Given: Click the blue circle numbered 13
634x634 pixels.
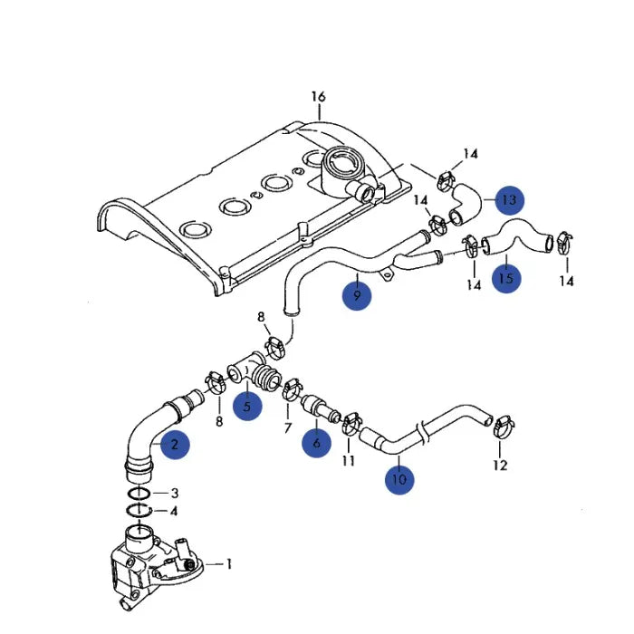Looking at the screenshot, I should [509, 199].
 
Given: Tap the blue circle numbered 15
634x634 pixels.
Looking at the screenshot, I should [505, 278].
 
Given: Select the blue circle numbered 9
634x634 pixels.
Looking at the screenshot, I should [357, 295].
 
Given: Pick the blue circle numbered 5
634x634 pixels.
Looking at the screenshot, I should [246, 407].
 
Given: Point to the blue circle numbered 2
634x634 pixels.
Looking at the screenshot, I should [175, 444].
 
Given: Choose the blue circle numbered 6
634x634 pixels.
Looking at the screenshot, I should [316, 444].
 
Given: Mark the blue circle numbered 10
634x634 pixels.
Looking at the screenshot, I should [399, 478].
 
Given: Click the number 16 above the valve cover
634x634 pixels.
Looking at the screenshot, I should [318, 97].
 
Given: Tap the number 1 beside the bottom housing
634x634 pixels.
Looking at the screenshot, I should [229, 564].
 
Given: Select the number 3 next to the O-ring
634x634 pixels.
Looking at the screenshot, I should [175, 493].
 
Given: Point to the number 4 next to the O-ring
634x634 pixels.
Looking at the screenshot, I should [175, 511].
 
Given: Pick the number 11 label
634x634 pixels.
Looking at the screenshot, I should [349, 462].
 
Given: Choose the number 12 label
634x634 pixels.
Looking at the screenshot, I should [501, 466].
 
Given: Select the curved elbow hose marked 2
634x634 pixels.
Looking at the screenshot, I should [144, 435].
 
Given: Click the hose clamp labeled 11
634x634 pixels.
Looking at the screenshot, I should [351, 421].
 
